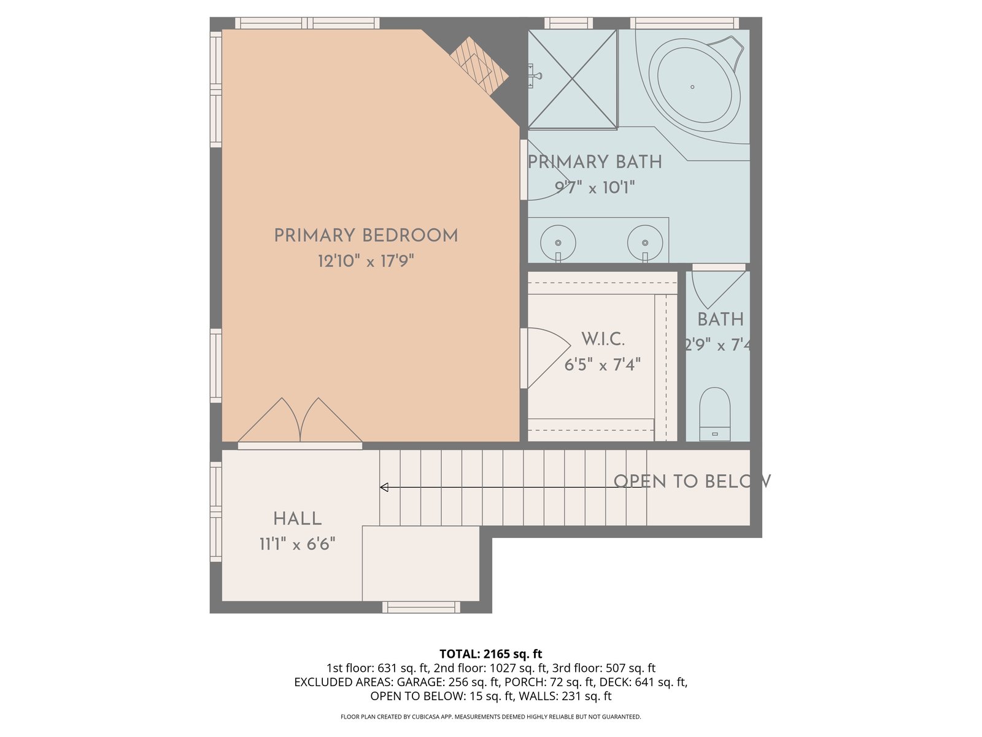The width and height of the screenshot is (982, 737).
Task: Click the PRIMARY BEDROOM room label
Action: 366,235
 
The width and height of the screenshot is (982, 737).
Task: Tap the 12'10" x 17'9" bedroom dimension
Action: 366,260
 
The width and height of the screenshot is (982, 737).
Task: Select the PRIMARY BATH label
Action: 595,162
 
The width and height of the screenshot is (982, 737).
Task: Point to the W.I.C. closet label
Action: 603,339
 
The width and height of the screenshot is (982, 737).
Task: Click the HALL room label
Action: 297,519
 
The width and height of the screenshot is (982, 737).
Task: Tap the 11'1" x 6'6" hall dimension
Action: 297,544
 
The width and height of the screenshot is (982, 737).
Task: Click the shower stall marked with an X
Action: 573,79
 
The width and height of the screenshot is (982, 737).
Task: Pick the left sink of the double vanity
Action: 558,243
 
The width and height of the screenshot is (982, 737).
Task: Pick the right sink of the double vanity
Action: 644,243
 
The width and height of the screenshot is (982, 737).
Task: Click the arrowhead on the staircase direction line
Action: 384,487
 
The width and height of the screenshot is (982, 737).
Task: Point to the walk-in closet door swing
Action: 549,358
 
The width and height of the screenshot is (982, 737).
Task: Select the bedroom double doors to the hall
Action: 300,421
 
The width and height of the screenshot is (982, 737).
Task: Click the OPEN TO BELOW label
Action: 692,482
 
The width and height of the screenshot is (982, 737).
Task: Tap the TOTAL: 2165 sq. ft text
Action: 491,653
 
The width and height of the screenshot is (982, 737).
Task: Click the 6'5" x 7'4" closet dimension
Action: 603,365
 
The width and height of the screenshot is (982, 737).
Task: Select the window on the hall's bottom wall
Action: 421,607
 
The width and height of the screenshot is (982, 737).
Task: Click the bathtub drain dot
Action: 692,87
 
